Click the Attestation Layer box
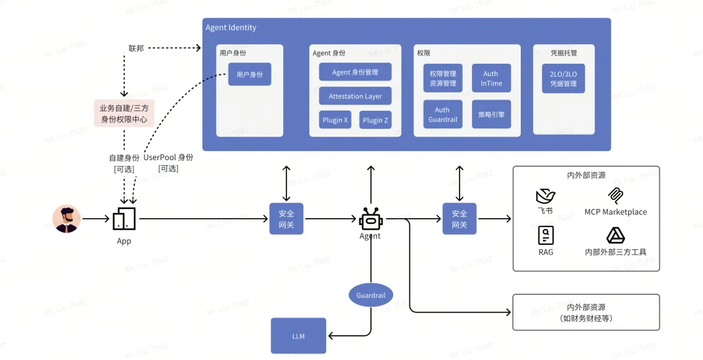point(355,96)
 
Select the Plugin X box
point(335,120)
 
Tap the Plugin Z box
point(376,120)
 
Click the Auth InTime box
point(491,78)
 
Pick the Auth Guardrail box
point(443,115)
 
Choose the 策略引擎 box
point(491,115)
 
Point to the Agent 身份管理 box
point(355,72)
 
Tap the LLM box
point(298,336)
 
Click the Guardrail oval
point(370,296)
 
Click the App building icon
point(124,219)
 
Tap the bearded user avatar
point(67,219)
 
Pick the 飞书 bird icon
point(545,196)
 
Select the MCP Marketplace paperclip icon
point(615,196)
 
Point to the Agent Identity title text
point(231,28)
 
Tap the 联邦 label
point(136,48)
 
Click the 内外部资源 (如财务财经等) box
point(586,312)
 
